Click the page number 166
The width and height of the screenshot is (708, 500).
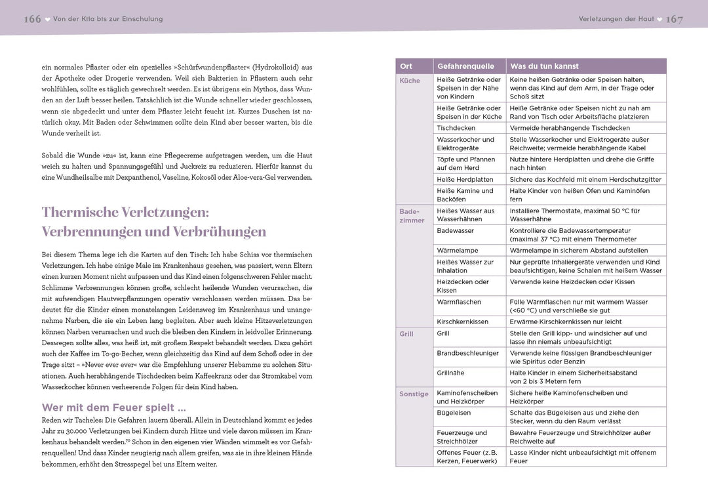click(32, 19)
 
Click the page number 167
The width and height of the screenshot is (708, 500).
click(675, 19)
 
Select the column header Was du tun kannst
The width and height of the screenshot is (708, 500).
click(544, 66)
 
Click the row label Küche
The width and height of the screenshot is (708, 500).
click(410, 80)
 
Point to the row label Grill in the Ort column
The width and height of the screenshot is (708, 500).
click(406, 334)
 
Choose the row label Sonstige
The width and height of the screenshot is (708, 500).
click(414, 394)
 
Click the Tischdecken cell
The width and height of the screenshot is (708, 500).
click(456, 128)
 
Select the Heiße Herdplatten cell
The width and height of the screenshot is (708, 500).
click(465, 179)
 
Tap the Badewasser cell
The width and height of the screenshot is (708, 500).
click(455, 231)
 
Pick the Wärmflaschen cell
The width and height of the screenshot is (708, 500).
click(459, 302)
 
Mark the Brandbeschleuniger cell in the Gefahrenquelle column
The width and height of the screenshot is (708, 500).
click(467, 353)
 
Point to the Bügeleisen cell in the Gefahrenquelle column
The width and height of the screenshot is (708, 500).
click(453, 413)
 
